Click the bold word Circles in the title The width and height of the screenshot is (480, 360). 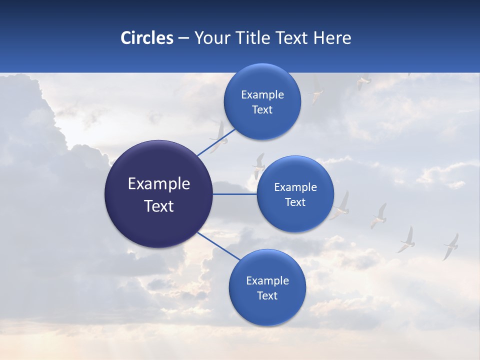(x=146, y=38)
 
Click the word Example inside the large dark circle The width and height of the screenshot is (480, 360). (x=159, y=184)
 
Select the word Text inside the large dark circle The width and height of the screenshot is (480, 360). (x=159, y=206)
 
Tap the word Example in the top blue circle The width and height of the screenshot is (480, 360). (x=262, y=95)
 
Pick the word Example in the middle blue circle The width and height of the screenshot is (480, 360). (x=295, y=187)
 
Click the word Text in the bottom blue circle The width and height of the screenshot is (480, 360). (x=267, y=295)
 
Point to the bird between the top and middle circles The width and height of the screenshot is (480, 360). (x=258, y=165)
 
